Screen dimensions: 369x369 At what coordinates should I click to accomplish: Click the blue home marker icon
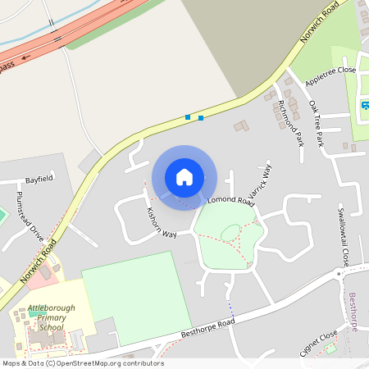[x=184, y=176]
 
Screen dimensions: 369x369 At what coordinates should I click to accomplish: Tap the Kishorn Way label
[x=162, y=223]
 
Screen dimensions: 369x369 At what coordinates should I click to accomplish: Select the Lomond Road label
[x=231, y=200]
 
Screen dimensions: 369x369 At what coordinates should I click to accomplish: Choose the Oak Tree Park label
[x=317, y=124]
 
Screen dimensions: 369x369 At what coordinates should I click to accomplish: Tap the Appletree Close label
[x=330, y=77]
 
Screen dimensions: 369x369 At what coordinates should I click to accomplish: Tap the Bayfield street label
[x=39, y=179]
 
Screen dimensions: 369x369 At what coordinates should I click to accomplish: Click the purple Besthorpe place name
[x=353, y=312]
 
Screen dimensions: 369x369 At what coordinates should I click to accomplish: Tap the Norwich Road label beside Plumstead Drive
[x=39, y=263]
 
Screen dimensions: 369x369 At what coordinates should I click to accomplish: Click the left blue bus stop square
[x=188, y=117]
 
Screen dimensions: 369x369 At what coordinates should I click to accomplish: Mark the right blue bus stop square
[x=201, y=118]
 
